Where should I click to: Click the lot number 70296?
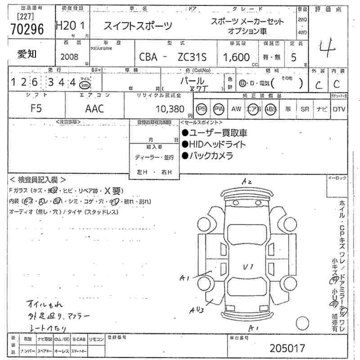pyautogui.click(x=27, y=29)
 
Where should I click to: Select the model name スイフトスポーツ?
pyautogui.click(x=138, y=26)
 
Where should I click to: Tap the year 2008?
pyautogui.click(x=69, y=57)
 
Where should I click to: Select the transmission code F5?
pyautogui.click(x=36, y=108)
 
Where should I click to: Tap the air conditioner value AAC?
pyautogui.click(x=94, y=108)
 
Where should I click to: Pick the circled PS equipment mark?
pyautogui.click(x=202, y=109)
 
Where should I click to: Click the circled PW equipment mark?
pyautogui.click(x=219, y=109)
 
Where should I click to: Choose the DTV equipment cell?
pyautogui.click(x=339, y=109)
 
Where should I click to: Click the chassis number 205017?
pyautogui.click(x=288, y=348)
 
